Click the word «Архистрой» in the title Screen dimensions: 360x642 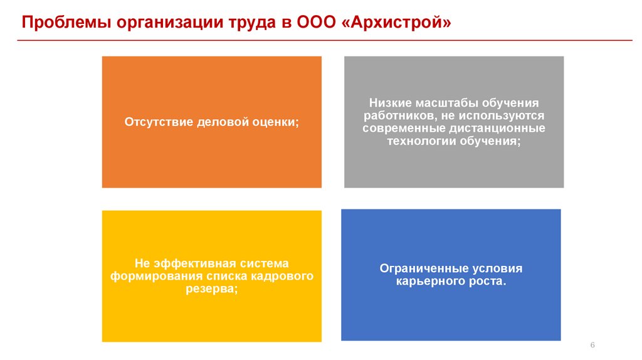395,23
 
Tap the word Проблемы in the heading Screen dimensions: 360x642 59,23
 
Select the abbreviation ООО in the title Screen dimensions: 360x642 317,23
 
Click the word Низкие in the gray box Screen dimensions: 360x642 391,102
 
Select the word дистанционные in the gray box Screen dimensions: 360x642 497,128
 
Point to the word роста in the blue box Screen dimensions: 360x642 481,282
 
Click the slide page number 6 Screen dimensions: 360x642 592,346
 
